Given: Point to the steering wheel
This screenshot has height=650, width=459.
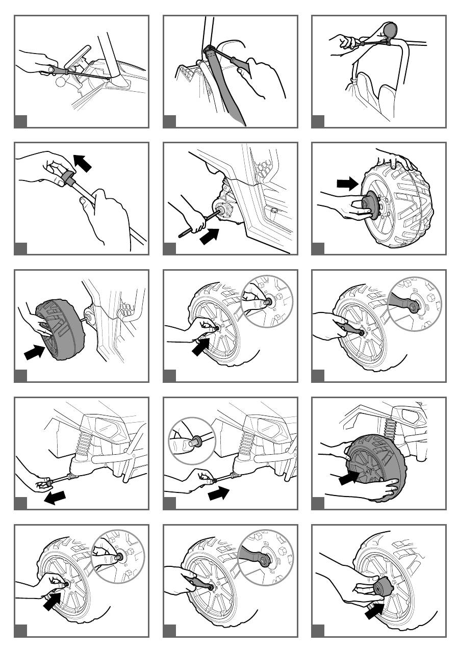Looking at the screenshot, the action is pos(80,54).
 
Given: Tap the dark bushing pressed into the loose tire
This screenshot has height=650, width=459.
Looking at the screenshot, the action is pos(371,207).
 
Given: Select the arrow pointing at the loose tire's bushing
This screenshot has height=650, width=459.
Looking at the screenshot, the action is pos(348,184).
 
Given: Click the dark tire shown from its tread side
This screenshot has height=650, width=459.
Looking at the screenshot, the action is pos(56,329).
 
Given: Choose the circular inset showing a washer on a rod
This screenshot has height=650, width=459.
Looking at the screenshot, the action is pos(192,440).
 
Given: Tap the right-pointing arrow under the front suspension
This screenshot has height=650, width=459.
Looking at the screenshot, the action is pos(219,493).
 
